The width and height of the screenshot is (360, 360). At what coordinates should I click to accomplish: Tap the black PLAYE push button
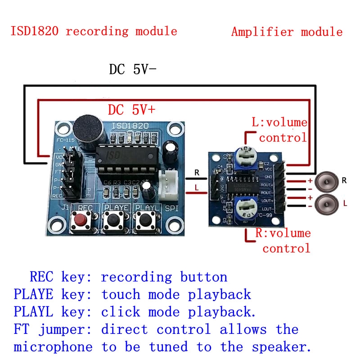112,220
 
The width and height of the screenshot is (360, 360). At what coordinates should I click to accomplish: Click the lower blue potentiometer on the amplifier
246,211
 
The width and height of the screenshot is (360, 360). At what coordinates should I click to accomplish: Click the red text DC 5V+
131,109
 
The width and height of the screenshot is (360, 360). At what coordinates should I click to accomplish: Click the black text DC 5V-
132,70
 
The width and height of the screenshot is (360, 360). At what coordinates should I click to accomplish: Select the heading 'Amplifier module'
287,32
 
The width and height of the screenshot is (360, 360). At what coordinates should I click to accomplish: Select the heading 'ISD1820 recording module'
94,31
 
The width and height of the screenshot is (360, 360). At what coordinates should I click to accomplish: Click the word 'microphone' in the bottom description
53,347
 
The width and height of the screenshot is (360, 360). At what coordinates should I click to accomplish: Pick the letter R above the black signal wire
196,172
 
